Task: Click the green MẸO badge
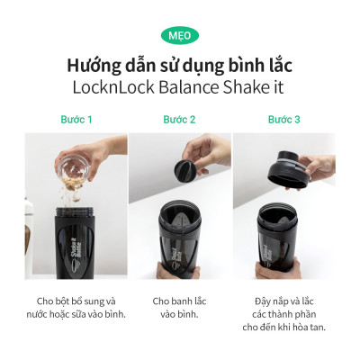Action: click(180, 35)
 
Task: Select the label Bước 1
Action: click(76, 119)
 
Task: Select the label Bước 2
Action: click(179, 119)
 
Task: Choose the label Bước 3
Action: click(283, 119)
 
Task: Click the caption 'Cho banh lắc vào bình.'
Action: click(179, 307)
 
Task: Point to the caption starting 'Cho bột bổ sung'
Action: click(76, 307)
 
